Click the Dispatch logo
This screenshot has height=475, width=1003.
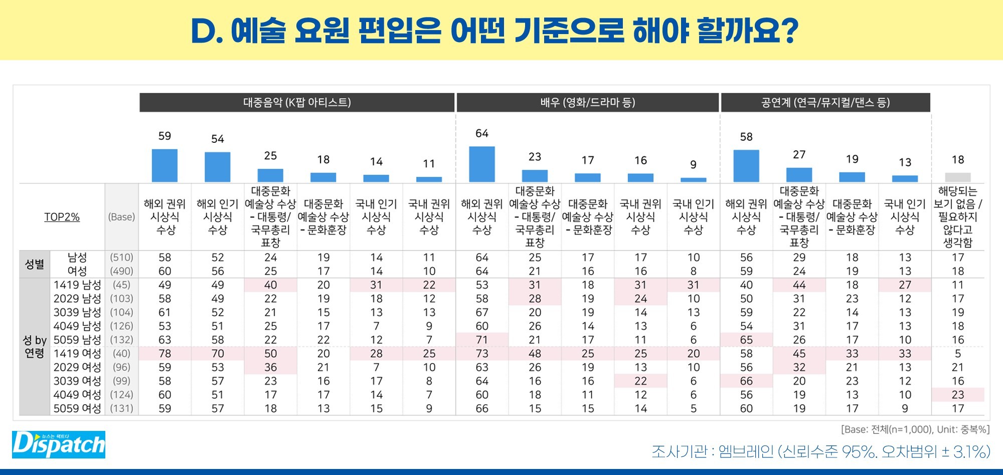(x=59, y=444)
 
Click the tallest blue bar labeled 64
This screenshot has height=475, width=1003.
(x=481, y=164)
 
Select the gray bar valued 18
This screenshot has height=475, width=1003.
(x=957, y=177)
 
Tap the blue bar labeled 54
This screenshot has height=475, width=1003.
(x=217, y=167)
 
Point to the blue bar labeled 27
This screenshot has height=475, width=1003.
(x=799, y=174)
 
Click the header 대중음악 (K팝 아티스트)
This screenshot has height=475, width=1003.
(x=297, y=103)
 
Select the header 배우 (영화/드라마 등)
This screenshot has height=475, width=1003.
(x=587, y=103)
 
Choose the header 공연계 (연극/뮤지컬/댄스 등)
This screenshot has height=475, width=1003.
(x=825, y=103)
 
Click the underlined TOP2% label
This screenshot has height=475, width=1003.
(x=62, y=217)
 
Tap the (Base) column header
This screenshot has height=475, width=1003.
(x=121, y=217)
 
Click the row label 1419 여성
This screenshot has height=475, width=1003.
(x=77, y=354)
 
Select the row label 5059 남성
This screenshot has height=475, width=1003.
(x=77, y=340)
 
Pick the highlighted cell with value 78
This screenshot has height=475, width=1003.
(x=164, y=354)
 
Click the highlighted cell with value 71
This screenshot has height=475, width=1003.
(x=481, y=340)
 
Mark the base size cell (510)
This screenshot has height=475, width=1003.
(x=121, y=258)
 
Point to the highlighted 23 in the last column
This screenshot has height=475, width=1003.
(x=957, y=395)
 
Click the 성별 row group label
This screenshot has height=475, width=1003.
(x=35, y=264)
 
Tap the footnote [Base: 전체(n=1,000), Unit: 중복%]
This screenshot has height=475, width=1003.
(x=915, y=430)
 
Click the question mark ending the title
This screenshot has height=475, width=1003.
(x=790, y=30)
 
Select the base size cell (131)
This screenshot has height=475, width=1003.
(x=121, y=408)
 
